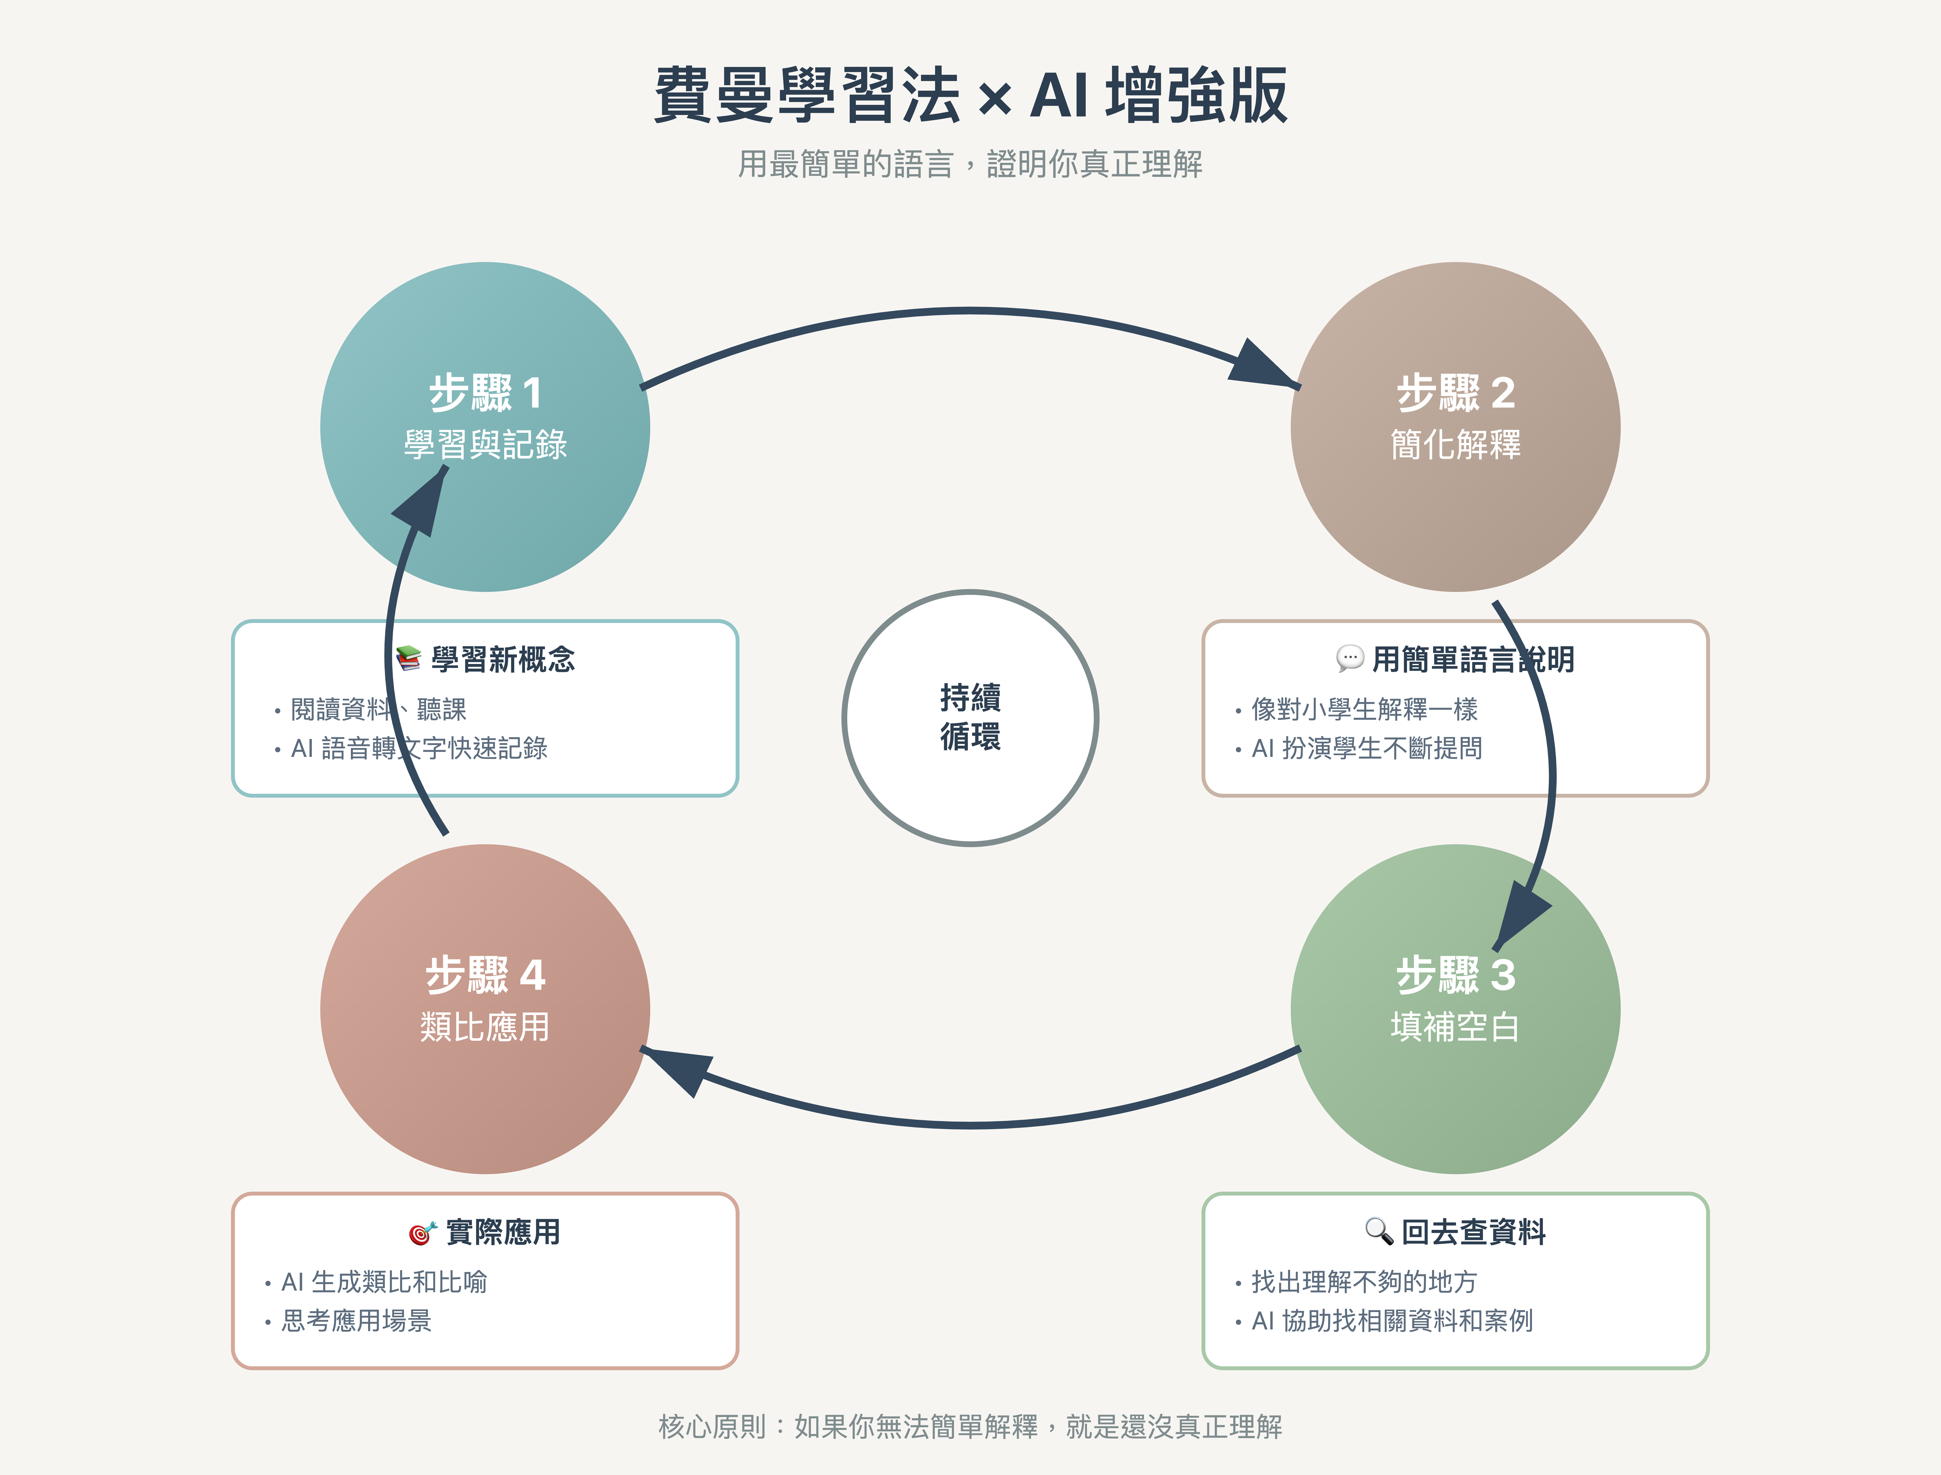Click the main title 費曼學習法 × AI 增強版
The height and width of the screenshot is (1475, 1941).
[970, 95]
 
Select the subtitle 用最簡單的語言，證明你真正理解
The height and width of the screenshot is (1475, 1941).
[970, 164]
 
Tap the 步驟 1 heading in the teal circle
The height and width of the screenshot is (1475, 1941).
[485, 393]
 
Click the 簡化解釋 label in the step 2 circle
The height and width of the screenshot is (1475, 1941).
[1455, 444]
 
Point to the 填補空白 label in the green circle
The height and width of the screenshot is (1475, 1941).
[1455, 1026]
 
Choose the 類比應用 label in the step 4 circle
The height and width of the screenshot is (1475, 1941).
[485, 1026]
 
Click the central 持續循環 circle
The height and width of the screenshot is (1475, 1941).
[970, 717]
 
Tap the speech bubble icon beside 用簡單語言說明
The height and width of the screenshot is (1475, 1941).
[1349, 658]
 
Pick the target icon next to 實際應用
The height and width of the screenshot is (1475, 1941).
[422, 1233]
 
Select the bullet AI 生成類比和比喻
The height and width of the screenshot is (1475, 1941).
[384, 1282]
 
